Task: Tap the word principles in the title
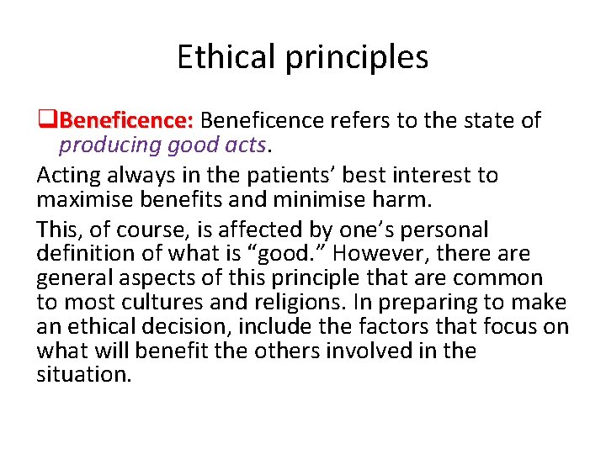359,57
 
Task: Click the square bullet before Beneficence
48,121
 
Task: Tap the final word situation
84,375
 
